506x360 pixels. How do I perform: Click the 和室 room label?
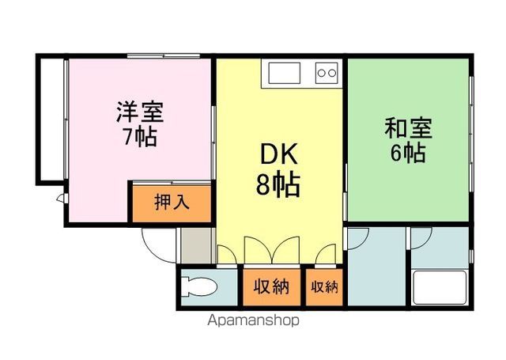pyautogui.click(x=408, y=127)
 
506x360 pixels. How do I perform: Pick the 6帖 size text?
pyautogui.click(x=408, y=152)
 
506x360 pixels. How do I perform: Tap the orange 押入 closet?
pyautogui.click(x=172, y=203)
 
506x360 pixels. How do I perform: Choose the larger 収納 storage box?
pyautogui.click(x=271, y=287)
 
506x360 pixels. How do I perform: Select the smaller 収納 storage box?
pyautogui.click(x=324, y=287)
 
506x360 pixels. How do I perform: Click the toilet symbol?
pyautogui.click(x=198, y=286)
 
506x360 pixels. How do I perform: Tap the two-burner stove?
pyautogui.click(x=327, y=74)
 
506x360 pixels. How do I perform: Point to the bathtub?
pyautogui.click(x=440, y=287)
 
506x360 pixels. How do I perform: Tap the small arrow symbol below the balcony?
pyautogui.click(x=60, y=199)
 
